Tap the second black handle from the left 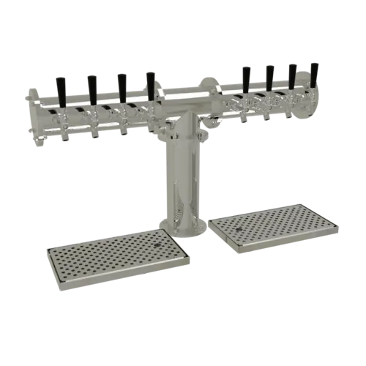click(92, 86)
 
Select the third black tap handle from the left click(122, 84)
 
